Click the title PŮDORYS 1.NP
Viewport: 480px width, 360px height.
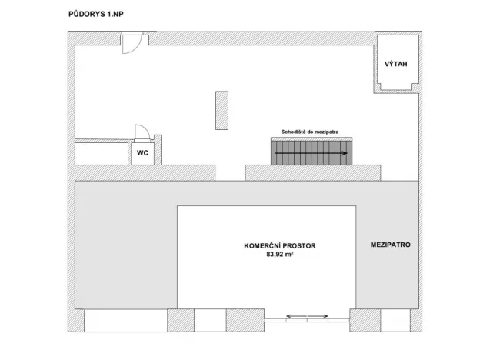click(90, 14)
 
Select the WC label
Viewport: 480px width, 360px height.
click(142, 153)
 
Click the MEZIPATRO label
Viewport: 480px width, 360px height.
click(389, 245)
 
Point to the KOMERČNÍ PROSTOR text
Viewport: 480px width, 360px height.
click(279, 246)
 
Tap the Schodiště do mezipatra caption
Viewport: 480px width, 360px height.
click(310, 132)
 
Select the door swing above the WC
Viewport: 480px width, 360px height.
click(142, 132)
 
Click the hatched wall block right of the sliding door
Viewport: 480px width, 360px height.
click(365, 318)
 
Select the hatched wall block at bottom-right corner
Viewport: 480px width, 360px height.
click(415, 318)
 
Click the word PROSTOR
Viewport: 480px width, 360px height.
click(297, 246)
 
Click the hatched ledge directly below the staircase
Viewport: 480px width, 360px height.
click(312, 172)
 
